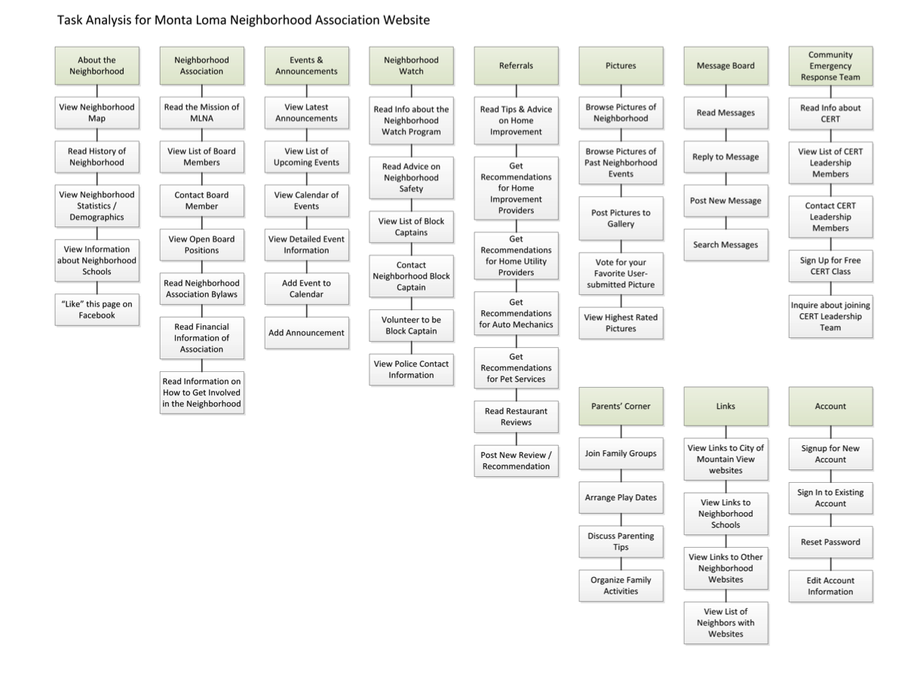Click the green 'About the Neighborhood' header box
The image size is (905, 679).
pos(97,66)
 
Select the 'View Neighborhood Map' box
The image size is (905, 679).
pos(97,112)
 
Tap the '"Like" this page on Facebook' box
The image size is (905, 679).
pos(97,310)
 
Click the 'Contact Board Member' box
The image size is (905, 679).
pos(201,201)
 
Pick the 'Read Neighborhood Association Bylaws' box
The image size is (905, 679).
pos(201,289)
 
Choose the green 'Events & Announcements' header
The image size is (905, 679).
pos(306,66)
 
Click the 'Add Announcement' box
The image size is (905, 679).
pos(306,333)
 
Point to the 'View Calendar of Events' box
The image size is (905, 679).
pos(306,201)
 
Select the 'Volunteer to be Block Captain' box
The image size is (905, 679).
pos(411,325)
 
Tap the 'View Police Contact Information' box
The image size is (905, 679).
pos(411,370)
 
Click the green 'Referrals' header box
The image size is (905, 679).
pos(516,66)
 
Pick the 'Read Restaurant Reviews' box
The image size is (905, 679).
pos(516,416)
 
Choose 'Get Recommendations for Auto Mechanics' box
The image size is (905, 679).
pos(516,313)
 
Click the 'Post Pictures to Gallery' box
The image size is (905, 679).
pos(621,218)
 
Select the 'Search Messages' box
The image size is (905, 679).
pos(726,244)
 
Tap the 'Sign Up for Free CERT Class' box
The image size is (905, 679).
pos(830,266)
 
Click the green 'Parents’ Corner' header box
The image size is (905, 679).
pos(621,406)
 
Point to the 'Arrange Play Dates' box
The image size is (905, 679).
pos(621,498)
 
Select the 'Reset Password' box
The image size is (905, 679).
pos(830,542)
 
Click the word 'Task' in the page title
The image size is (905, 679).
pos(71,20)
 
